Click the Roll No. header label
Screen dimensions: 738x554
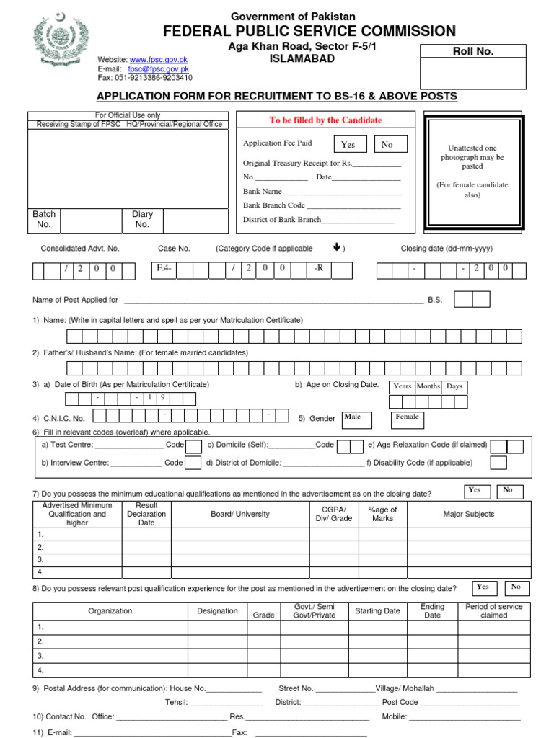click(x=472, y=51)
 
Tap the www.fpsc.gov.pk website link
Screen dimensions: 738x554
click(x=157, y=59)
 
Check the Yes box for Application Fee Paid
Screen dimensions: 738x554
click(x=348, y=145)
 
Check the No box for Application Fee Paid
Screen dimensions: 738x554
click(x=390, y=145)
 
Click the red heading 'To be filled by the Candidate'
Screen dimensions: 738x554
click(x=325, y=120)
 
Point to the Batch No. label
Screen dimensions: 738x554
click(x=44, y=219)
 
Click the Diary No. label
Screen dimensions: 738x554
click(x=142, y=219)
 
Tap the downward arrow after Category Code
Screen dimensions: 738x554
click(x=336, y=247)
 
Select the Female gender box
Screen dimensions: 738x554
click(x=408, y=419)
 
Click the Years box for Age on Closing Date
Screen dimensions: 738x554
click(x=403, y=386)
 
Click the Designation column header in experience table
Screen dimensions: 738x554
click(x=217, y=611)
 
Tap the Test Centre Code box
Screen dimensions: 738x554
click(x=193, y=446)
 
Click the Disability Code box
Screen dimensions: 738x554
click(x=499, y=463)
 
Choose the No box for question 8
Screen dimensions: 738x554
click(x=516, y=587)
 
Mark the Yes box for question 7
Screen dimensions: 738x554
click(x=475, y=491)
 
